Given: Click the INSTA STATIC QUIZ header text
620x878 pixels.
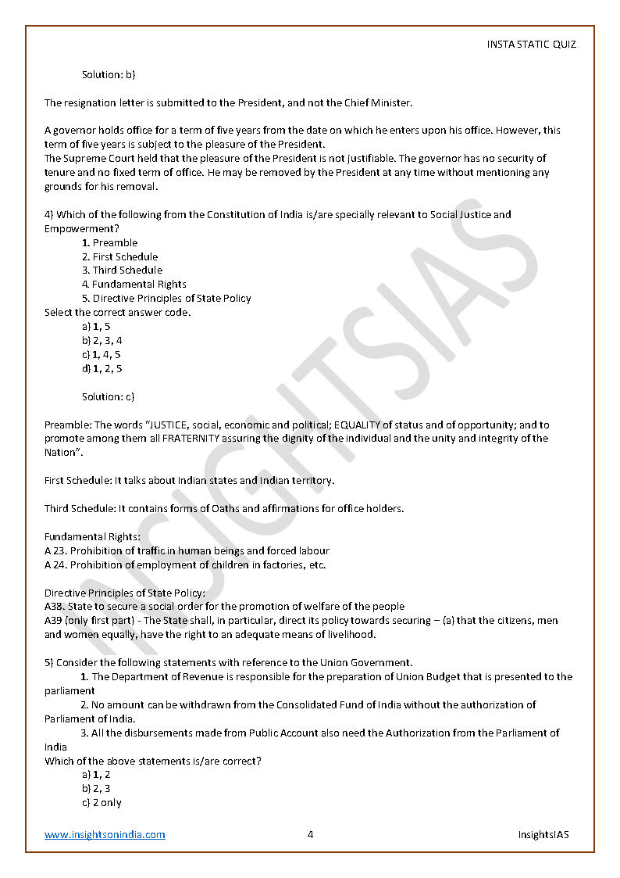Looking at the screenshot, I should (531, 44).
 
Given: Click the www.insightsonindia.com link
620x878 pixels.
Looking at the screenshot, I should (105, 834).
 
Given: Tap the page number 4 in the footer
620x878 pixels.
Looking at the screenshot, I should (310, 834).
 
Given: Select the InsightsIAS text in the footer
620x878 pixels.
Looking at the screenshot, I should (543, 834).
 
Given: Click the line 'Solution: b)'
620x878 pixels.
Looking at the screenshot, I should (109, 74).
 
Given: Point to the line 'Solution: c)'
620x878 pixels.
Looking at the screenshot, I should (109, 396).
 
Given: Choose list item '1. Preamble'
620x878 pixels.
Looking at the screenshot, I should (109, 242).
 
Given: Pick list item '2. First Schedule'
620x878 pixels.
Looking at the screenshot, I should (119, 256).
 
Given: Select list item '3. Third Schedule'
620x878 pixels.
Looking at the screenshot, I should (122, 271).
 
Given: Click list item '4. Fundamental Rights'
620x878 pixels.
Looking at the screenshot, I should (134, 285).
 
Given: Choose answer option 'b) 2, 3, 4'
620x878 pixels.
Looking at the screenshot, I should (102, 340).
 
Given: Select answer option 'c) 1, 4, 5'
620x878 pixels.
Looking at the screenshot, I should (102, 354).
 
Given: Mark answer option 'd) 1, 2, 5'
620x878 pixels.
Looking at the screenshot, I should (102, 368).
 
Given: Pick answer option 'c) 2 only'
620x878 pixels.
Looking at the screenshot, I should (102, 803).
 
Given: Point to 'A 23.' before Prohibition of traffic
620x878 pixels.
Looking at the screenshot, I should (56, 550).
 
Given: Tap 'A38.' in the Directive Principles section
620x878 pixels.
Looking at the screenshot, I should (55, 606).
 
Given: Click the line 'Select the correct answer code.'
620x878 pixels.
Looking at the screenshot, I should (117, 312).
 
